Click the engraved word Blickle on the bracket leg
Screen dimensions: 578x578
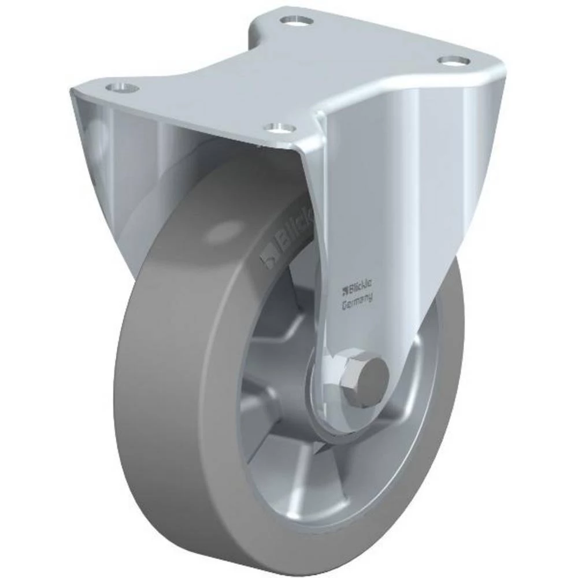(x=361, y=286)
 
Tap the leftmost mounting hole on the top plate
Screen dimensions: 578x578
(x=122, y=88)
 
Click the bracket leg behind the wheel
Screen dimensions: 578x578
(x=116, y=173)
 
